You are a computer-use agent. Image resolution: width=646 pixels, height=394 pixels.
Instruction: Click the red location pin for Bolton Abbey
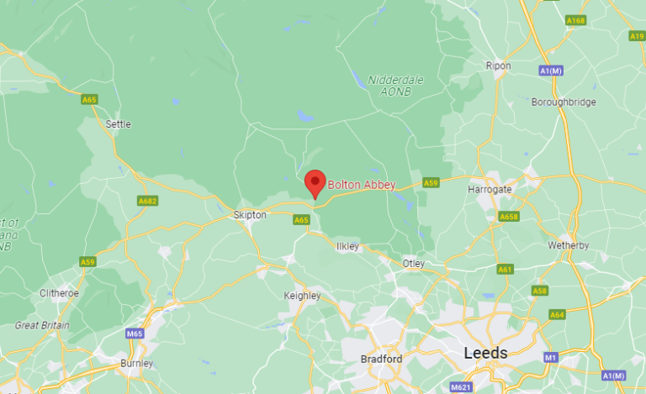coord(315,182)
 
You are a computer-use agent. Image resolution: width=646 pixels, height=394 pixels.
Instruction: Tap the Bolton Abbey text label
coord(361,185)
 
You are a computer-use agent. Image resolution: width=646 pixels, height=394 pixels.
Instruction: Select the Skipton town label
coord(250,215)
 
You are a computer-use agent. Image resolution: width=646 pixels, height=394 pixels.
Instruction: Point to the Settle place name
coord(119,123)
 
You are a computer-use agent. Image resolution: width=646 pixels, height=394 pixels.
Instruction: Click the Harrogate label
coord(490,190)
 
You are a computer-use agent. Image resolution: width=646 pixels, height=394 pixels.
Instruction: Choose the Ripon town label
coord(498,66)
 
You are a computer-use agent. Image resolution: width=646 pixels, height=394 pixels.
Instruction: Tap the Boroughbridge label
coord(564,102)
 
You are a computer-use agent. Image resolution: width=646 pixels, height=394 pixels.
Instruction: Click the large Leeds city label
coord(486,353)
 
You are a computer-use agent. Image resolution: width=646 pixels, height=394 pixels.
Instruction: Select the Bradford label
coord(381,359)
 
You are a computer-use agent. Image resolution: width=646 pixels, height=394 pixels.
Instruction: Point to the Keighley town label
coord(303,296)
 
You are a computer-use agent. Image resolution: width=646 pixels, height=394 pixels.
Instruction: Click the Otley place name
coord(414,264)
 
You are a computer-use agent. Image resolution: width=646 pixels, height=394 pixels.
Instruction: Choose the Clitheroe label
coord(59,293)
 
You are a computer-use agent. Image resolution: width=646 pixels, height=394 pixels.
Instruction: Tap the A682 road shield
coord(147,201)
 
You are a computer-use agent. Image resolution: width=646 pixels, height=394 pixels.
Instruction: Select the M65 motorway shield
coord(135,334)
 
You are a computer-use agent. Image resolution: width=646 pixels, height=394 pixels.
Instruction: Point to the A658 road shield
coord(509,217)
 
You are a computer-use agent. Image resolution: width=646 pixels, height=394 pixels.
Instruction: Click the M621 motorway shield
coord(461,387)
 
